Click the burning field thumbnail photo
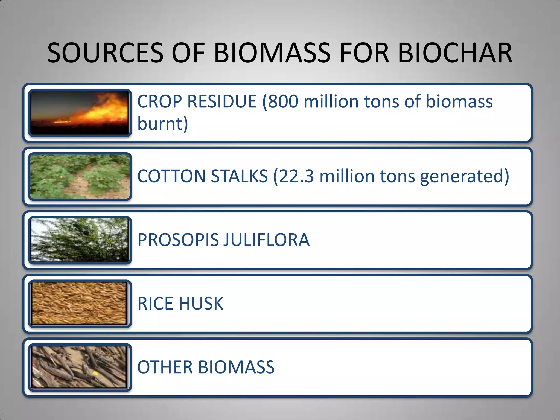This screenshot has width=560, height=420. click(x=80, y=113)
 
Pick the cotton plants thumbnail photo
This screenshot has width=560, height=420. click(x=80, y=177)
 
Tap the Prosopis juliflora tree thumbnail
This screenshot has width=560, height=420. click(x=80, y=240)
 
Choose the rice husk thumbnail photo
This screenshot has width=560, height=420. click(x=80, y=304)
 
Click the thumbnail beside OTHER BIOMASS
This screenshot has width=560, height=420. click(x=80, y=367)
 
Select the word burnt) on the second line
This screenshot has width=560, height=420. click(x=163, y=124)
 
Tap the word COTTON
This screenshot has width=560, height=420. click(x=171, y=176)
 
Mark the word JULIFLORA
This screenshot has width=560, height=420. click(x=266, y=240)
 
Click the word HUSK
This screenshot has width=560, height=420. click(x=201, y=304)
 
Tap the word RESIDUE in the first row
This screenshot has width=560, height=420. click(x=222, y=101)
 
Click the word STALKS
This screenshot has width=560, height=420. click(x=239, y=176)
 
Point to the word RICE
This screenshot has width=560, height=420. click(x=155, y=304)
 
